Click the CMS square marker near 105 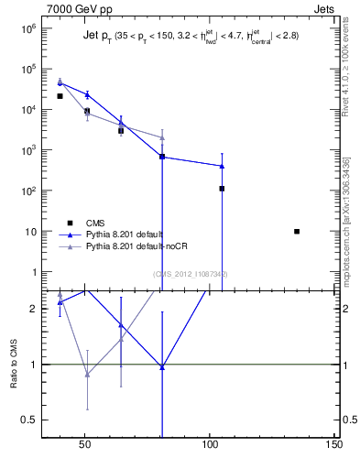click(x=222, y=189)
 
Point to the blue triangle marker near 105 click(x=222, y=166)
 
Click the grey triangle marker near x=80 click(x=162, y=137)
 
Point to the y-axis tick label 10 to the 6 click(x=23, y=28)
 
